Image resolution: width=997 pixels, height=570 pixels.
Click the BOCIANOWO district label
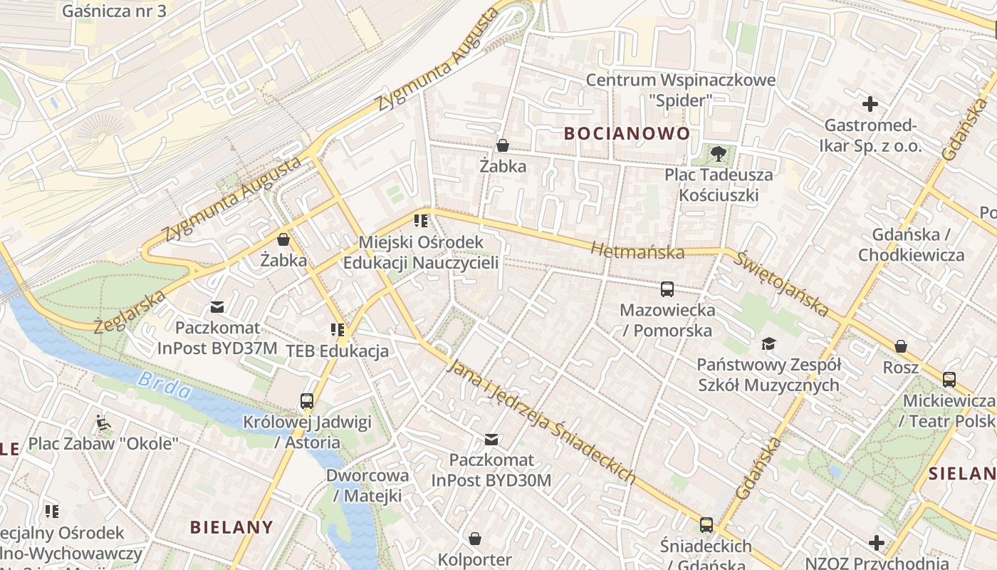click(627, 133)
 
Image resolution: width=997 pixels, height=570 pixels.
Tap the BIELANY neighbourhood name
click(231, 527)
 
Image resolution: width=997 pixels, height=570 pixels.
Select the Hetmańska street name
click(637, 251)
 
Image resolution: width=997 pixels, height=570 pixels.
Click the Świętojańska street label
click(782, 284)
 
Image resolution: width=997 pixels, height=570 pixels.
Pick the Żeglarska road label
click(130, 311)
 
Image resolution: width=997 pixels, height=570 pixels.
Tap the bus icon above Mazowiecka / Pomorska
click(667, 289)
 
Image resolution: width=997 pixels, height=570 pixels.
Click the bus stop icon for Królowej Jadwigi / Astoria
click(307, 401)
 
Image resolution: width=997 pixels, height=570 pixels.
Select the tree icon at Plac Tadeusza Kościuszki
click(718, 153)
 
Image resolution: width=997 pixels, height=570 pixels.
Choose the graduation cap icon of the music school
click(768, 344)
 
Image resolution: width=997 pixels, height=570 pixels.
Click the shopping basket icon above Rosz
click(900, 346)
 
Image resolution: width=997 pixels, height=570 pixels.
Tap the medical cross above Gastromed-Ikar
click(870, 105)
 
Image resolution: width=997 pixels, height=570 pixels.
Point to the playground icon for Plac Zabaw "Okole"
click(103, 423)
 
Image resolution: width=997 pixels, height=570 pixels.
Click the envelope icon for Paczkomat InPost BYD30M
click(491, 439)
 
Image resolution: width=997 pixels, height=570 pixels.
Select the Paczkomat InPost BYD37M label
click(216, 338)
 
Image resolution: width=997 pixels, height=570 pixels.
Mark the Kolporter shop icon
click(474, 539)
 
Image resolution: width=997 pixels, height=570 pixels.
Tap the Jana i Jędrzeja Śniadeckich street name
click(541, 422)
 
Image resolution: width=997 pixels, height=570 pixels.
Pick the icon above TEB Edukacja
click(337, 330)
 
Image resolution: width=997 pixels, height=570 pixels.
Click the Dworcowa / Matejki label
click(367, 485)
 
